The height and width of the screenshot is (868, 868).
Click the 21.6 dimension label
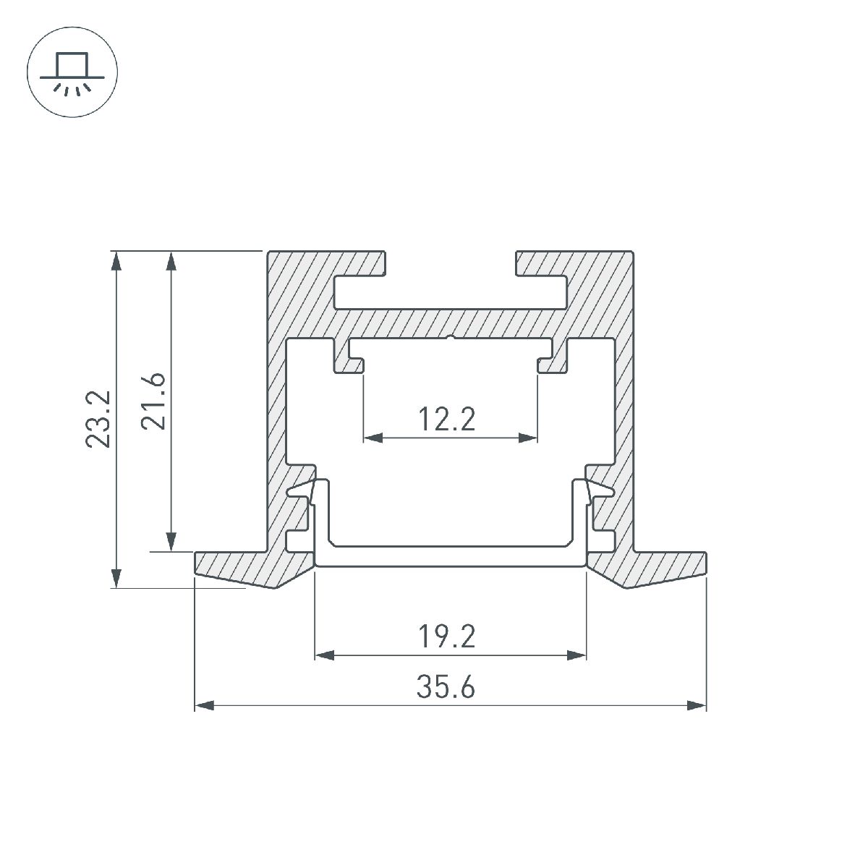[154, 401]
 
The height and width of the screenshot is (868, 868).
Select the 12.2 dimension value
[446, 419]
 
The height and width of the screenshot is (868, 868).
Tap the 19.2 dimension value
[446, 637]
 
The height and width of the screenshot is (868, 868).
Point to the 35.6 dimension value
[446, 687]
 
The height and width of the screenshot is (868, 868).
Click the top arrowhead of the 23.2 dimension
[114, 261]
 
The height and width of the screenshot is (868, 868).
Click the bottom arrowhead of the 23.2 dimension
[114, 578]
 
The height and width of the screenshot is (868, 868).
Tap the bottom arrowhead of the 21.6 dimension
[171, 542]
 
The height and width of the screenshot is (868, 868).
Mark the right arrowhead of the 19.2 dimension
[576, 655]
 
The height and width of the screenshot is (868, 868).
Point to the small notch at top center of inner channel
[451, 337]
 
